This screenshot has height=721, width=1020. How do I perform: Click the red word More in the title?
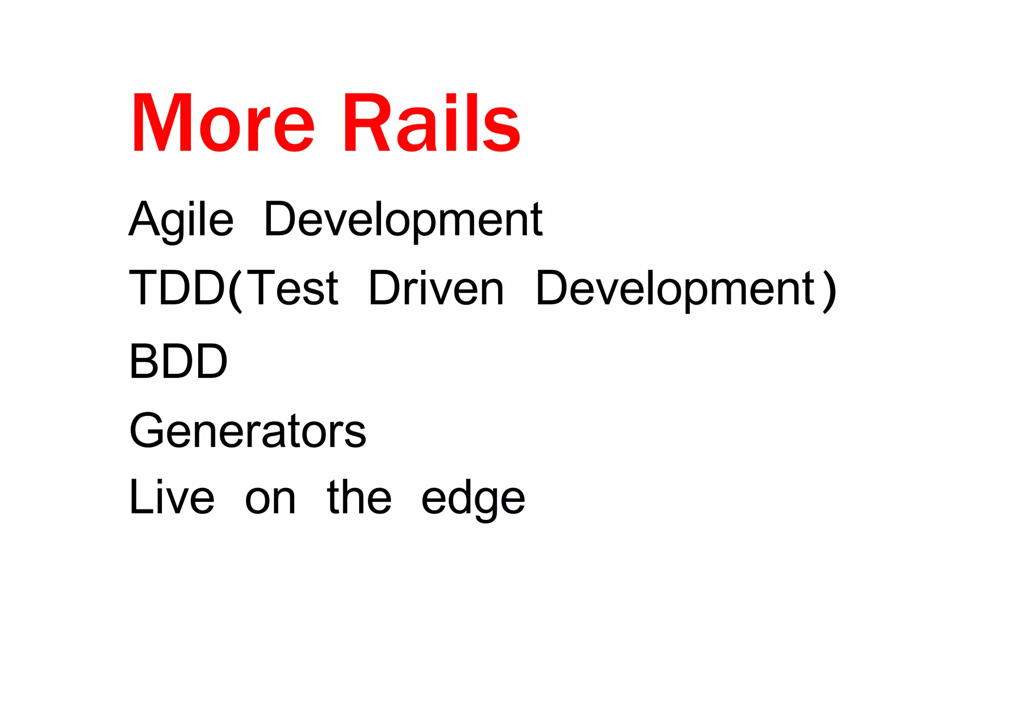[x=223, y=123]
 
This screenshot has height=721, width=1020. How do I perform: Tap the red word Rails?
[x=431, y=123]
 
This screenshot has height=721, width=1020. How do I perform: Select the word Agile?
[x=181, y=220]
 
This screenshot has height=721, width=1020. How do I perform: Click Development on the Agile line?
[x=403, y=220]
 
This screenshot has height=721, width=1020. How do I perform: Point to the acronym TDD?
[x=177, y=288]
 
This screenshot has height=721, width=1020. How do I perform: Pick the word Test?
[x=293, y=288]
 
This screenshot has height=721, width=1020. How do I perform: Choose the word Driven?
[x=436, y=288]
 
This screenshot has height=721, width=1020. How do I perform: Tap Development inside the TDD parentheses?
[x=675, y=288]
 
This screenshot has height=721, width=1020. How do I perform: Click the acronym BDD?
[x=178, y=361]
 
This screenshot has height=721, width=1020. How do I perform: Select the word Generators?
[x=248, y=431]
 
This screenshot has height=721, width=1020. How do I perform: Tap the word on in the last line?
[x=270, y=499]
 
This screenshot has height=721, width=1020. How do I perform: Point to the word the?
[x=359, y=497]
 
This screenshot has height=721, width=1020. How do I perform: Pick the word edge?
[x=473, y=499]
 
